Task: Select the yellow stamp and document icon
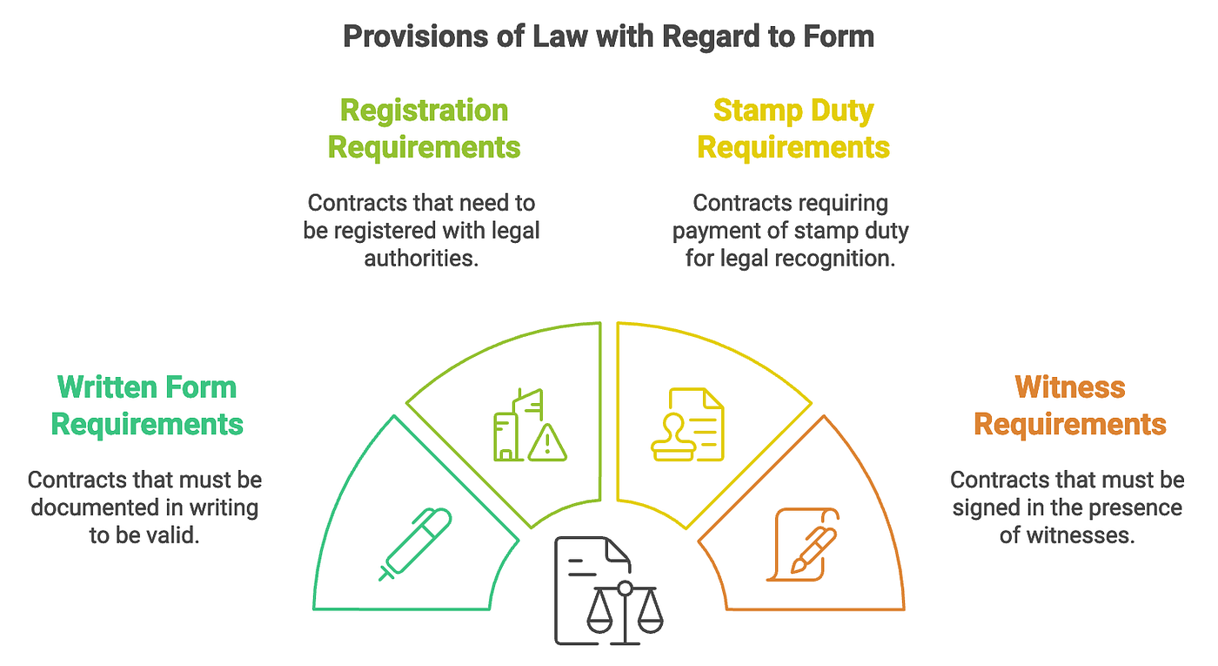(x=687, y=425)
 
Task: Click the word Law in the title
(x=533, y=37)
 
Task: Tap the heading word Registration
(x=424, y=111)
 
